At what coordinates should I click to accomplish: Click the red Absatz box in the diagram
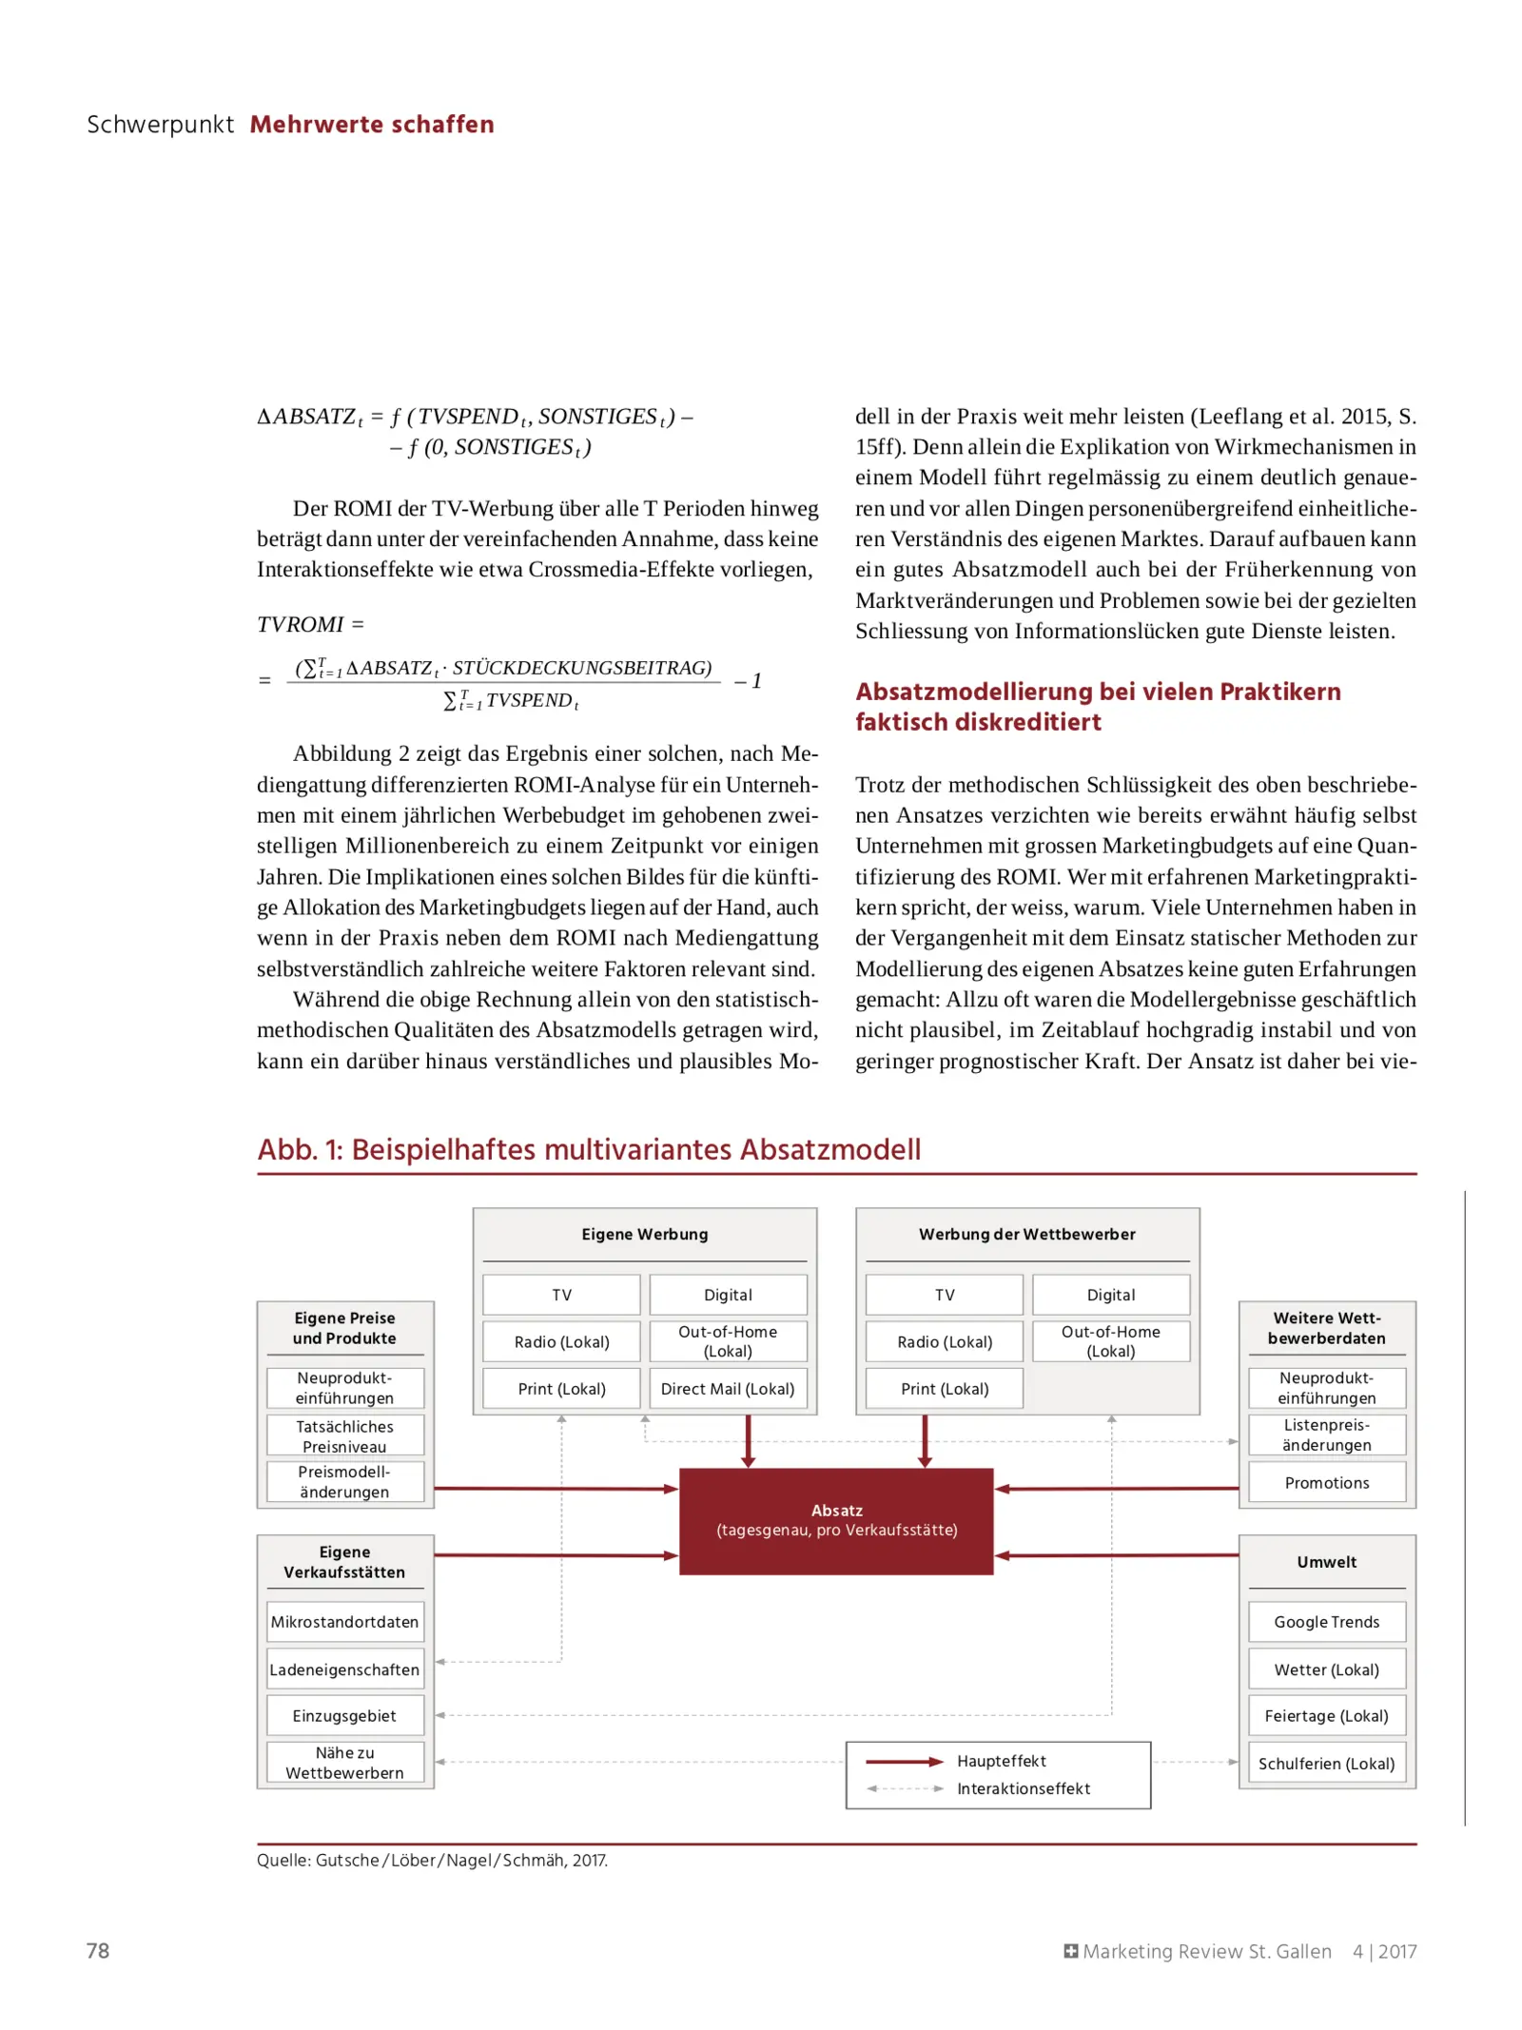point(835,1519)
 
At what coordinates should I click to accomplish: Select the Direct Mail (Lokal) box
point(727,1388)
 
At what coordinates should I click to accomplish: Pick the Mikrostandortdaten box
point(344,1621)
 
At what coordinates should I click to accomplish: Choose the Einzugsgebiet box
point(344,1715)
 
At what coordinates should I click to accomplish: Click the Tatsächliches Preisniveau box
point(344,1435)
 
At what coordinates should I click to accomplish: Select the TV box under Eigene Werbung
point(561,1295)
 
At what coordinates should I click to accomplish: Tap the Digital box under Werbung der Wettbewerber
point(1110,1295)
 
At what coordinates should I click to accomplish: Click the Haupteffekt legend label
point(1001,1761)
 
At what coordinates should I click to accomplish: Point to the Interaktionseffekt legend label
point(1023,1788)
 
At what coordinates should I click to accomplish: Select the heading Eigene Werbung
point(644,1234)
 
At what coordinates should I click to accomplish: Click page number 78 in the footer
point(98,1951)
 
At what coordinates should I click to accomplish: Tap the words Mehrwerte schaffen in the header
point(371,125)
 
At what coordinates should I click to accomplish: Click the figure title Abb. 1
point(588,1149)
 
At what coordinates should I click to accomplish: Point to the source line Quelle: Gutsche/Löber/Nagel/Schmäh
point(432,1860)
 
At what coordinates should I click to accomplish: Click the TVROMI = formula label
point(310,624)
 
